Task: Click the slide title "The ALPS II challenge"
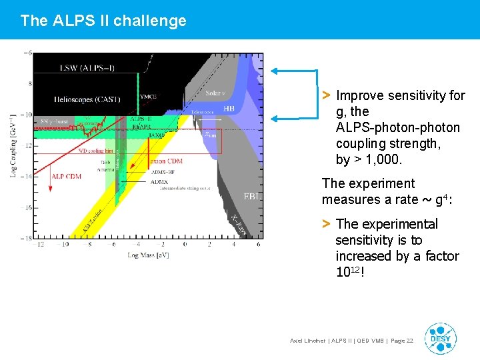click(x=103, y=21)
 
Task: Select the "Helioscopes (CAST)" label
click(x=87, y=99)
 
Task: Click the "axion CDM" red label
click(x=165, y=161)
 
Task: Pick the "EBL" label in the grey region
click(x=251, y=197)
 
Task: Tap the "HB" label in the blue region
click(x=229, y=108)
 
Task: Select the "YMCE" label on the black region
click(x=148, y=97)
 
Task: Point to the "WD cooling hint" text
click(x=96, y=151)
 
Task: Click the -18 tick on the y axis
click(x=27, y=238)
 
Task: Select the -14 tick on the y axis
click(x=27, y=177)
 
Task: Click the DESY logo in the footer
click(x=441, y=339)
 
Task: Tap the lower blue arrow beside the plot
click(x=293, y=117)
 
